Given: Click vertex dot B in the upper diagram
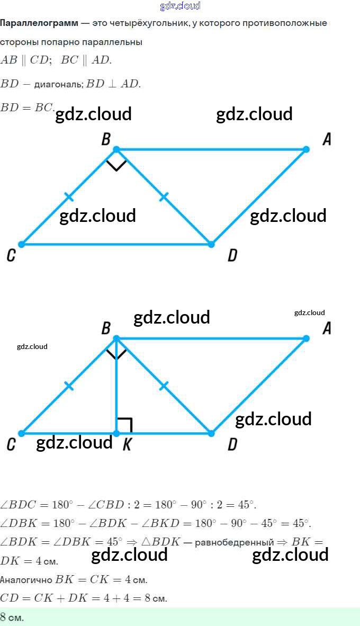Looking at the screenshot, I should click(116, 149).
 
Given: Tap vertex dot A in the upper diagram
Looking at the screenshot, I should click(306, 149).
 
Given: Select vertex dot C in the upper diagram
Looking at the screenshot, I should click(22, 244).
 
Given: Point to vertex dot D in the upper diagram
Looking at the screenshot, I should click(211, 244).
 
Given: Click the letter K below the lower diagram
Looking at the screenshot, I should click(127, 445).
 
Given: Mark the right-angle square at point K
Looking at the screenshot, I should click(124, 425).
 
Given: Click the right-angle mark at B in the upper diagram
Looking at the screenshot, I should click(116, 164).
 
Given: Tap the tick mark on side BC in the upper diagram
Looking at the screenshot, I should click(69, 197).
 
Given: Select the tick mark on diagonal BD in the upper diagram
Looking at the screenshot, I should click(164, 197).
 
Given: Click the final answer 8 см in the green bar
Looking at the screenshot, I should click(12, 618).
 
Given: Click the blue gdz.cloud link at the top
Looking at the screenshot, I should click(180, 6).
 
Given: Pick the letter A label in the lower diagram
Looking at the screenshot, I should click(327, 328).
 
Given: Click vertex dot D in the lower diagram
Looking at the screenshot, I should click(211, 433).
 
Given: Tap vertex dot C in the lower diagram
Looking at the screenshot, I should click(22, 433).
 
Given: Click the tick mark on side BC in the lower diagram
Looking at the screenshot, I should click(69, 386).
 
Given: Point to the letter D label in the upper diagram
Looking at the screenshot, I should click(232, 256).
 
